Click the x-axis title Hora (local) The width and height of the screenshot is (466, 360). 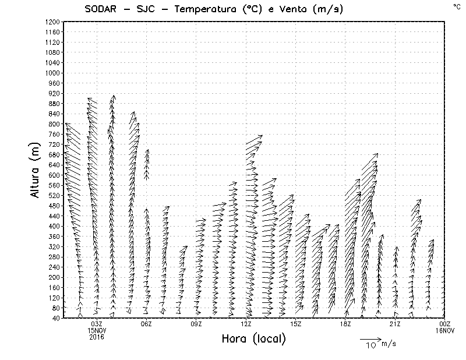254,338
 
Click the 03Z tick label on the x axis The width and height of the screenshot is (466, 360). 97,324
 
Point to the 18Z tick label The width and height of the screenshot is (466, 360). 345,324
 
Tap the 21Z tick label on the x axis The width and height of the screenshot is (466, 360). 395,324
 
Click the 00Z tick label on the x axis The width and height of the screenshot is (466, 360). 445,324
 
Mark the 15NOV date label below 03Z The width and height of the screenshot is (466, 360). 97,330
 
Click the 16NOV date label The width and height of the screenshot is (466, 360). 445,330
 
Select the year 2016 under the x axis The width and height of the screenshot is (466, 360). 97,337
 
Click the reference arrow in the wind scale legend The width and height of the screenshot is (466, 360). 370,338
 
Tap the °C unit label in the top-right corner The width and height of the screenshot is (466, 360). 456,6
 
